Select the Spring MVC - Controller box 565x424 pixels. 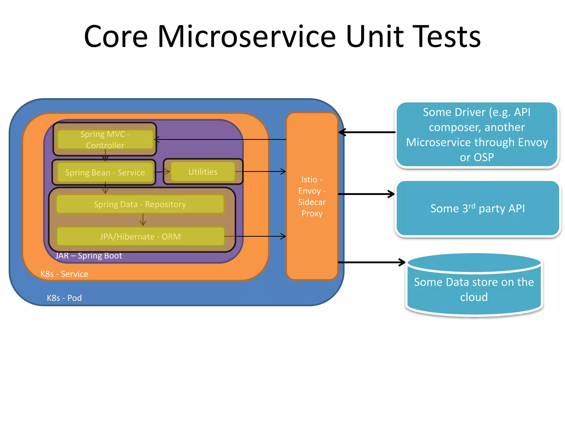(105, 139)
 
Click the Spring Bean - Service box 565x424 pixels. (105, 173)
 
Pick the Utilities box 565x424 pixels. (203, 172)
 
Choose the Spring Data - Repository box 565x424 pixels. (140, 204)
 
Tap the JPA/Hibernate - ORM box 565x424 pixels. (140, 237)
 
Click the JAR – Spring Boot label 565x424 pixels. (89, 256)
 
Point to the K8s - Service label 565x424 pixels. (64, 274)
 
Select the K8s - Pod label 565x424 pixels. (64, 298)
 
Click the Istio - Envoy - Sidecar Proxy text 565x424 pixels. (312, 196)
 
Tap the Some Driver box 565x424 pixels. (477, 135)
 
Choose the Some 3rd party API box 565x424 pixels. (477, 208)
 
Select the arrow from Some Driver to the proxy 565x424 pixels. (367, 132)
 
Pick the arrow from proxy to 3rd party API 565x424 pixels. (366, 194)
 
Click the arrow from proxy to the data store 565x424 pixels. (371, 262)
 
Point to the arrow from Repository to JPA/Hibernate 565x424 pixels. (143, 220)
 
